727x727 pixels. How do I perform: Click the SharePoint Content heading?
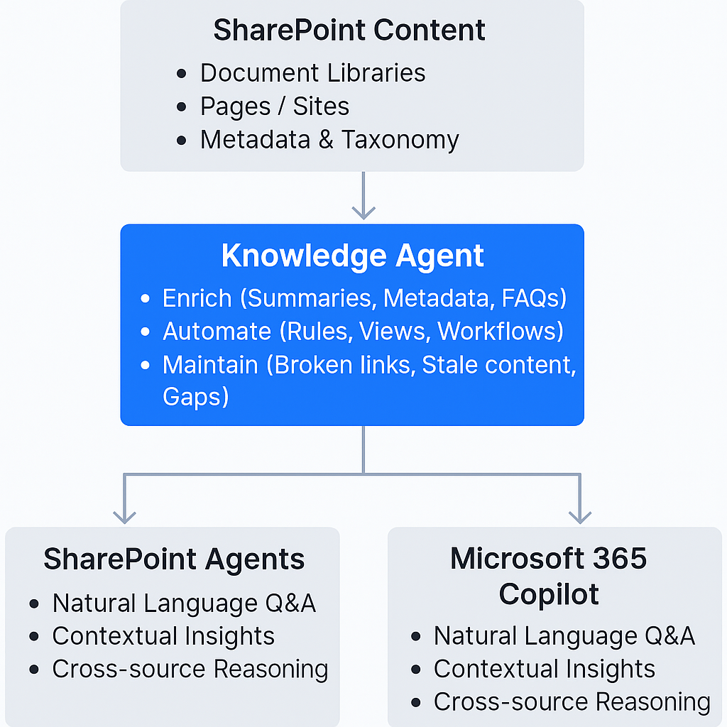pyautogui.click(x=349, y=31)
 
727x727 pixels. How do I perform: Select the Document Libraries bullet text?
pyautogui.click(x=312, y=72)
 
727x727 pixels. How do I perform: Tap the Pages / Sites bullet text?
pyautogui.click(x=275, y=106)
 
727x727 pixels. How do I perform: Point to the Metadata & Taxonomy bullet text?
pyautogui.click(x=329, y=140)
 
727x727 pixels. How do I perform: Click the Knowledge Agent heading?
pyautogui.click(x=352, y=256)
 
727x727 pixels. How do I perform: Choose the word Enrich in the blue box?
pyautogui.click(x=197, y=298)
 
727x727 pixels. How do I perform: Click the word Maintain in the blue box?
pyautogui.click(x=209, y=365)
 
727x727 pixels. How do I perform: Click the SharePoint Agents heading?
pyautogui.click(x=174, y=559)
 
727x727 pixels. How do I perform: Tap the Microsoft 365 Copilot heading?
pyautogui.click(x=549, y=576)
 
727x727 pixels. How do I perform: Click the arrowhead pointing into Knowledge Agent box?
pyautogui.click(x=363, y=212)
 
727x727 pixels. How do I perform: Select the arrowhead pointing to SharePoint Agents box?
pyautogui.click(x=125, y=516)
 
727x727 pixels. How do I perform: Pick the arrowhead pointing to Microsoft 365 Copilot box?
pyautogui.click(x=580, y=516)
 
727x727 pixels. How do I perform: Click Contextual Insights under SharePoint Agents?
pyautogui.click(x=163, y=636)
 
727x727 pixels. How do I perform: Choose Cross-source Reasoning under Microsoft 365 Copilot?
pyautogui.click(x=572, y=702)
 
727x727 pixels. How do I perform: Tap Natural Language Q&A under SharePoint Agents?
pyautogui.click(x=184, y=603)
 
